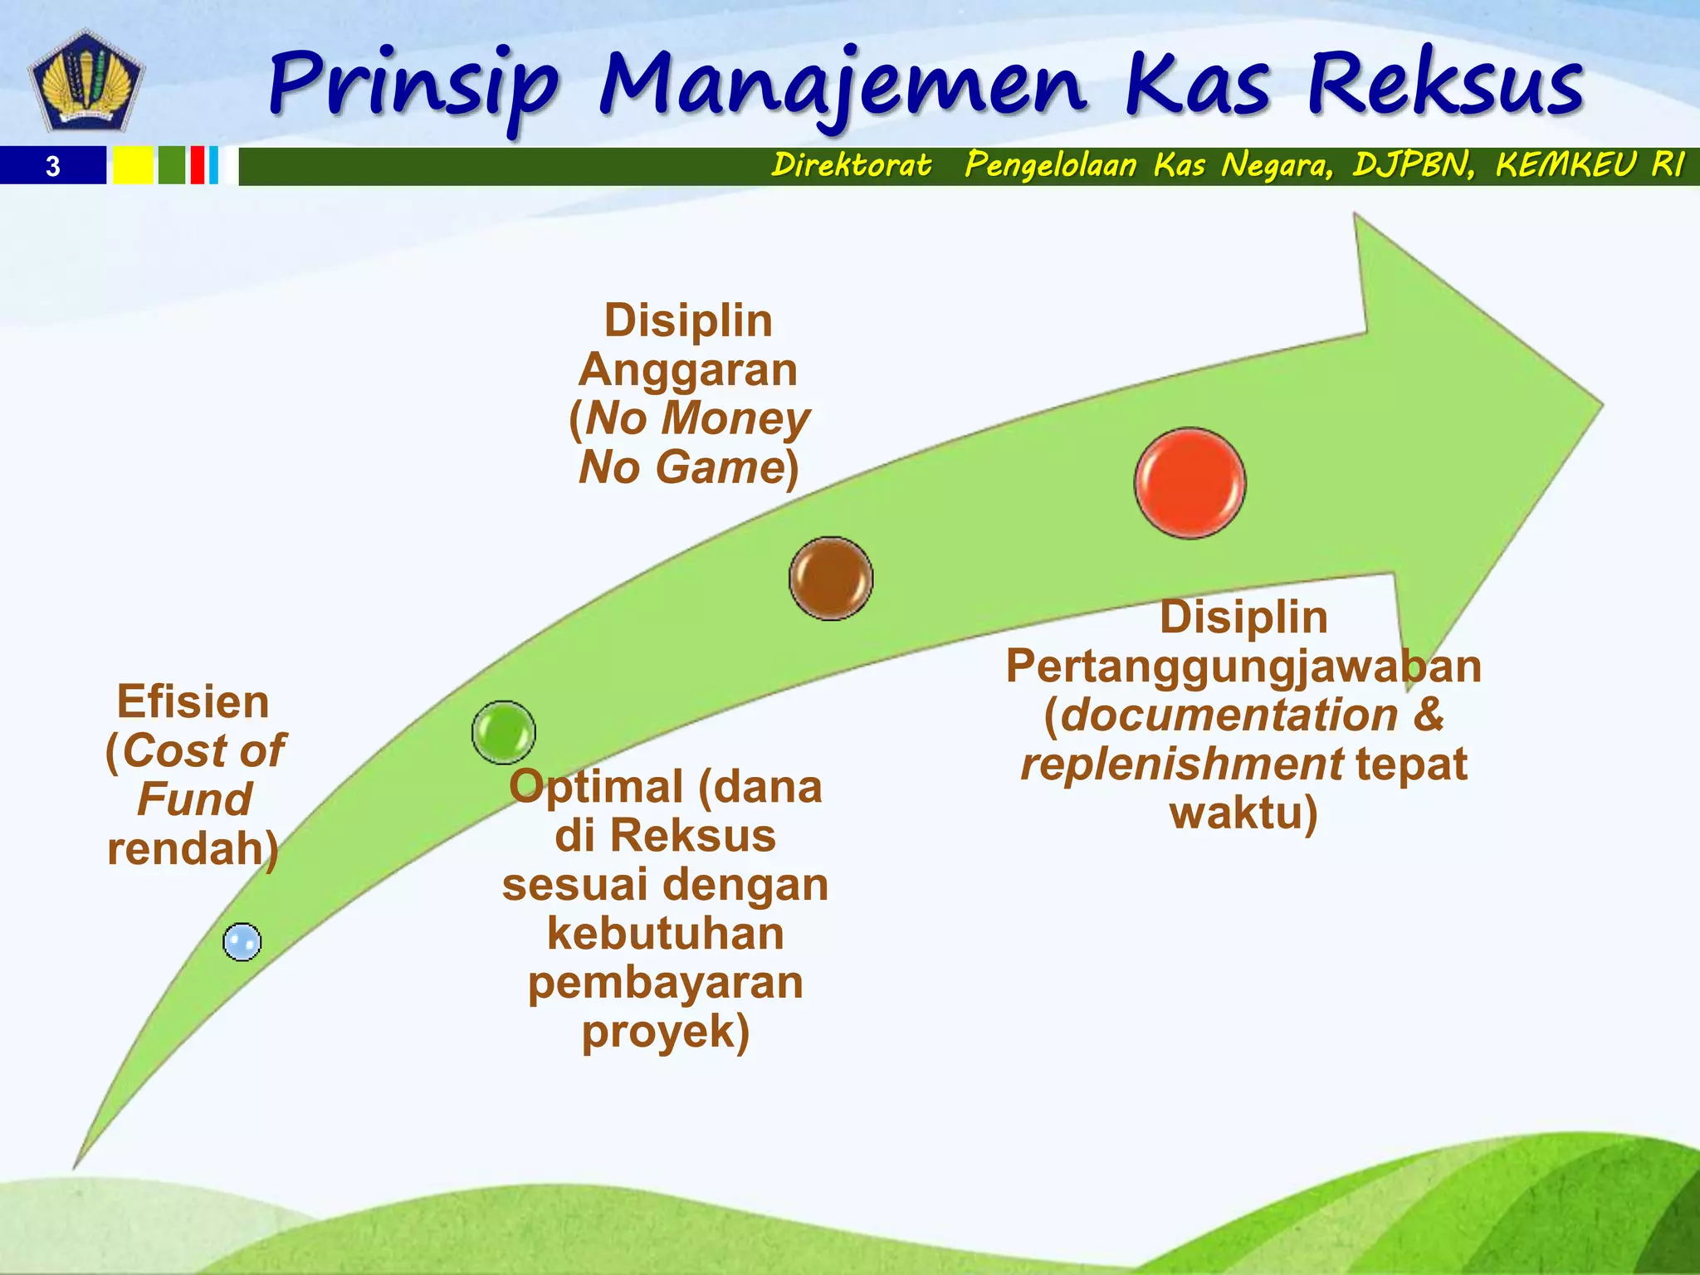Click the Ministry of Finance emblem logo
coord(85,81)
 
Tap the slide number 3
coord(53,166)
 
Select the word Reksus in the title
coord(1445,84)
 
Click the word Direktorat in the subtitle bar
coord(851,164)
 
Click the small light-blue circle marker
coord(242,942)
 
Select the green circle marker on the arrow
coord(504,732)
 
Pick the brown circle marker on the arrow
coord(831,579)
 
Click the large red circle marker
coord(1190,483)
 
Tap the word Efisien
coord(193,701)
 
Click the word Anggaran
coord(688,369)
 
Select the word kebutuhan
coord(665,934)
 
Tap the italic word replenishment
coord(1181,764)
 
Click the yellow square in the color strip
coord(133,165)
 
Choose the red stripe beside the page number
coord(197,165)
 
